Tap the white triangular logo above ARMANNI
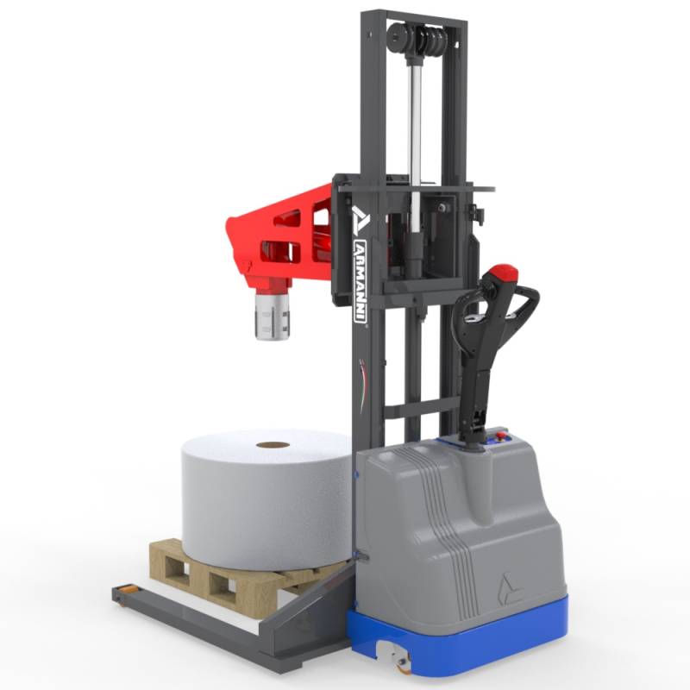(x=361, y=220)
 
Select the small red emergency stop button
(x=500, y=436)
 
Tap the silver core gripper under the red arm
(x=272, y=317)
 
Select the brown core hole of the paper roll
(x=273, y=445)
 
